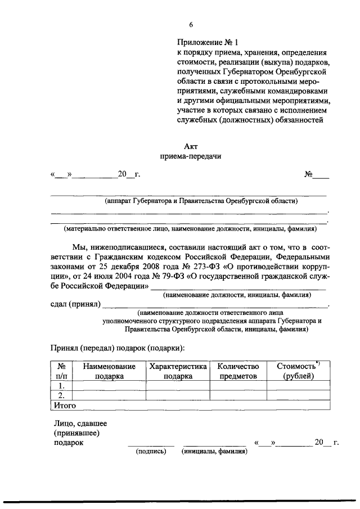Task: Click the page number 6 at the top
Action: pyautogui.click(x=191, y=25)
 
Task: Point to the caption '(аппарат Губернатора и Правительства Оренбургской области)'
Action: pyautogui.click(x=200, y=201)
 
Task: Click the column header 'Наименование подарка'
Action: pyautogui.click(x=109, y=371)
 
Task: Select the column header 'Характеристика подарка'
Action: pyautogui.click(x=178, y=371)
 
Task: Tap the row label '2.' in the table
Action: pyautogui.click(x=62, y=395)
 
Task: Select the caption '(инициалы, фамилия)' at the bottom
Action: pyautogui.click(x=214, y=451)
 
